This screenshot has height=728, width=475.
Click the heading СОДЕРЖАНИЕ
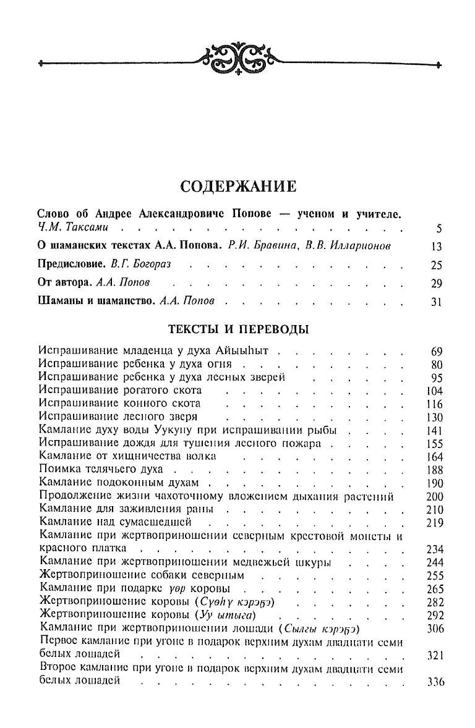(237, 185)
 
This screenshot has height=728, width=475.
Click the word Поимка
(59, 470)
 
